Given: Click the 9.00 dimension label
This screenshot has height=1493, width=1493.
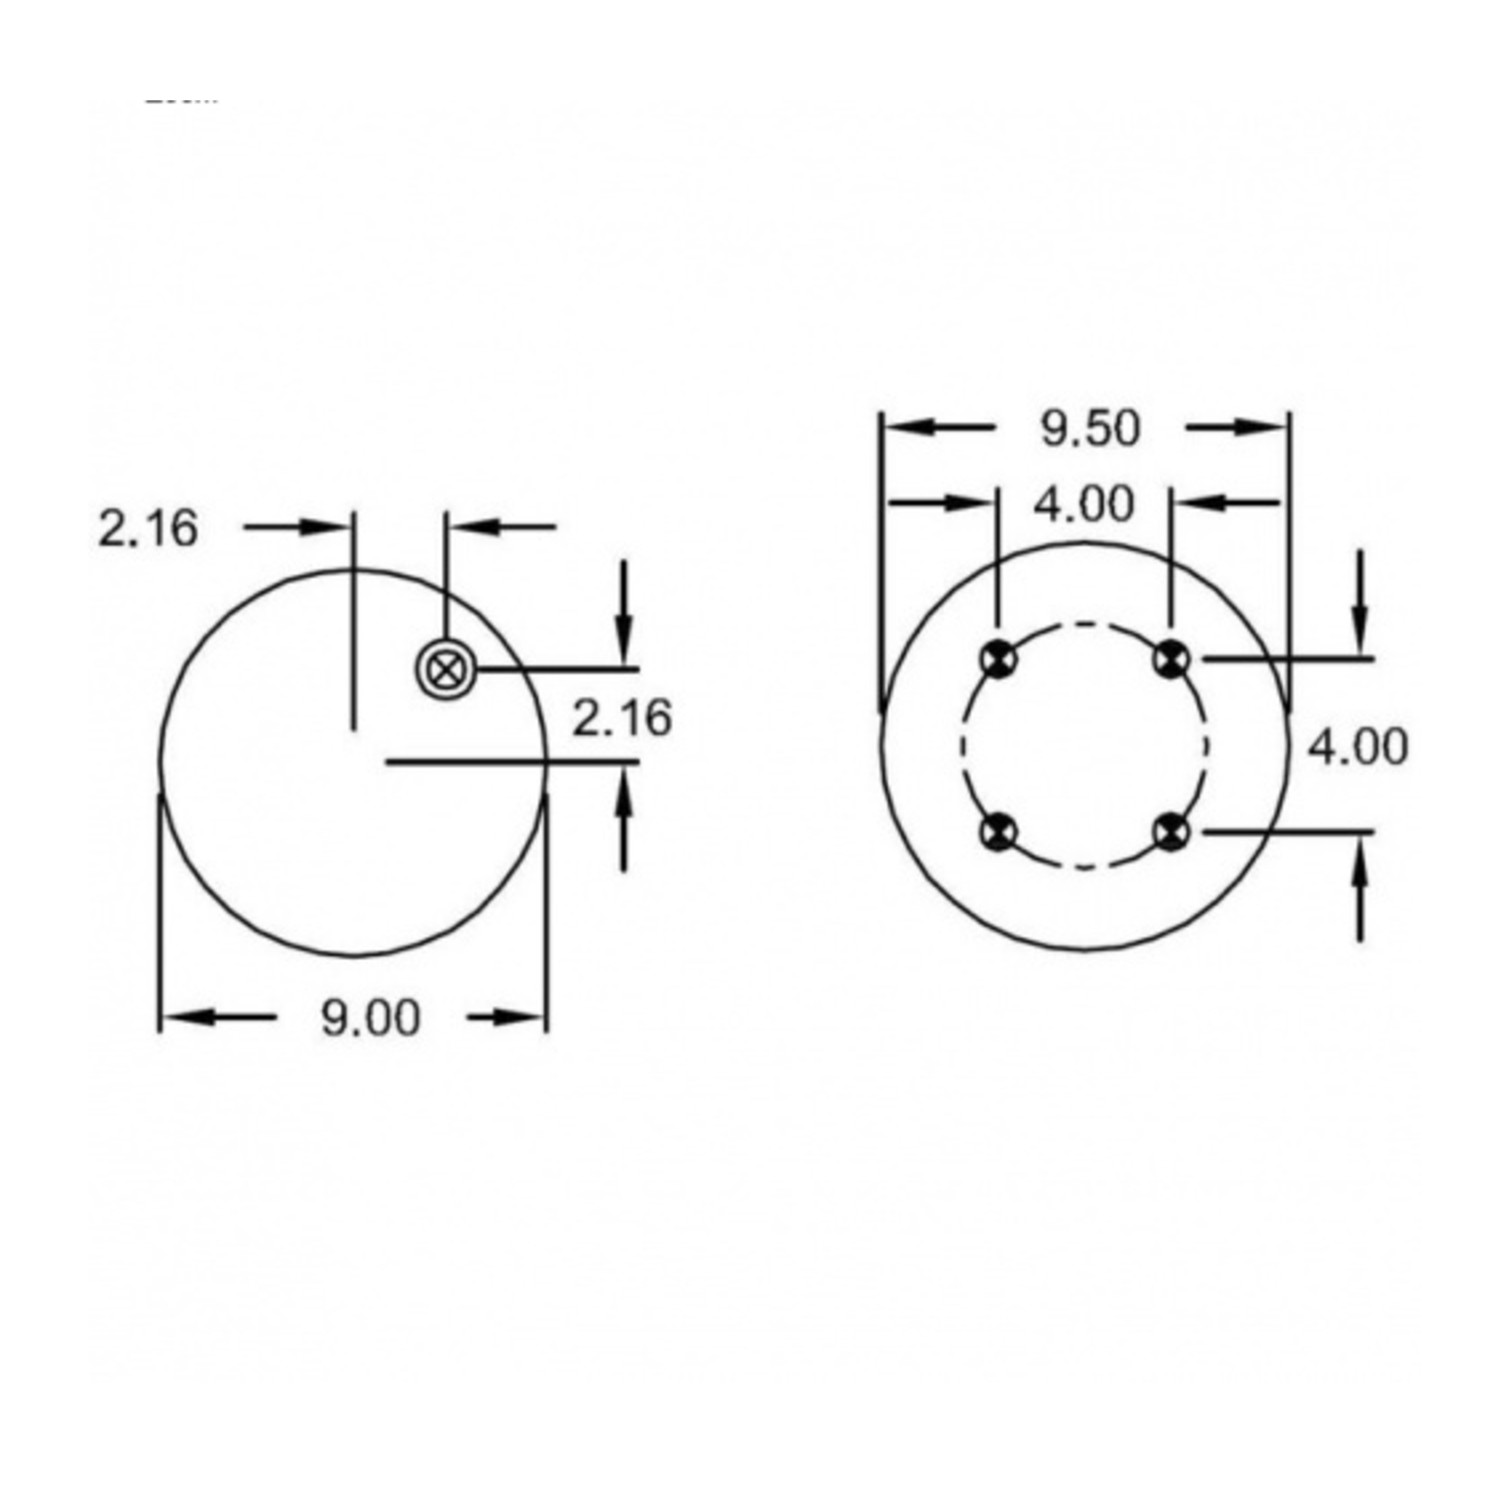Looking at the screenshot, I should pyautogui.click(x=371, y=1019).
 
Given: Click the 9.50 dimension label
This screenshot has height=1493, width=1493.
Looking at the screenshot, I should pyautogui.click(x=1090, y=428).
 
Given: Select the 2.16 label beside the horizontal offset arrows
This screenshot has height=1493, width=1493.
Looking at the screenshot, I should pyautogui.click(x=147, y=529).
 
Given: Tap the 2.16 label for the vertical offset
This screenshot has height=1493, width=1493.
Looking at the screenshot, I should pyautogui.click(x=623, y=718).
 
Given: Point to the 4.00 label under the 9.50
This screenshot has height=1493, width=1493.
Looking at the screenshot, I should pyautogui.click(x=1084, y=504).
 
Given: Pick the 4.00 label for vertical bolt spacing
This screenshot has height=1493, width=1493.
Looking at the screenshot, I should pyautogui.click(x=1358, y=748).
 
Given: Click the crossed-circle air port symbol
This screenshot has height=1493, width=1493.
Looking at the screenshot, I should pyautogui.click(x=444, y=670).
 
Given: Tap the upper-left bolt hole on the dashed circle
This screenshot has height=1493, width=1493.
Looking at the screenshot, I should pyautogui.click(x=998, y=658).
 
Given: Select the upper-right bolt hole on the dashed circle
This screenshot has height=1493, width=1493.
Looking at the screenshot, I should pyautogui.click(x=1172, y=658).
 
